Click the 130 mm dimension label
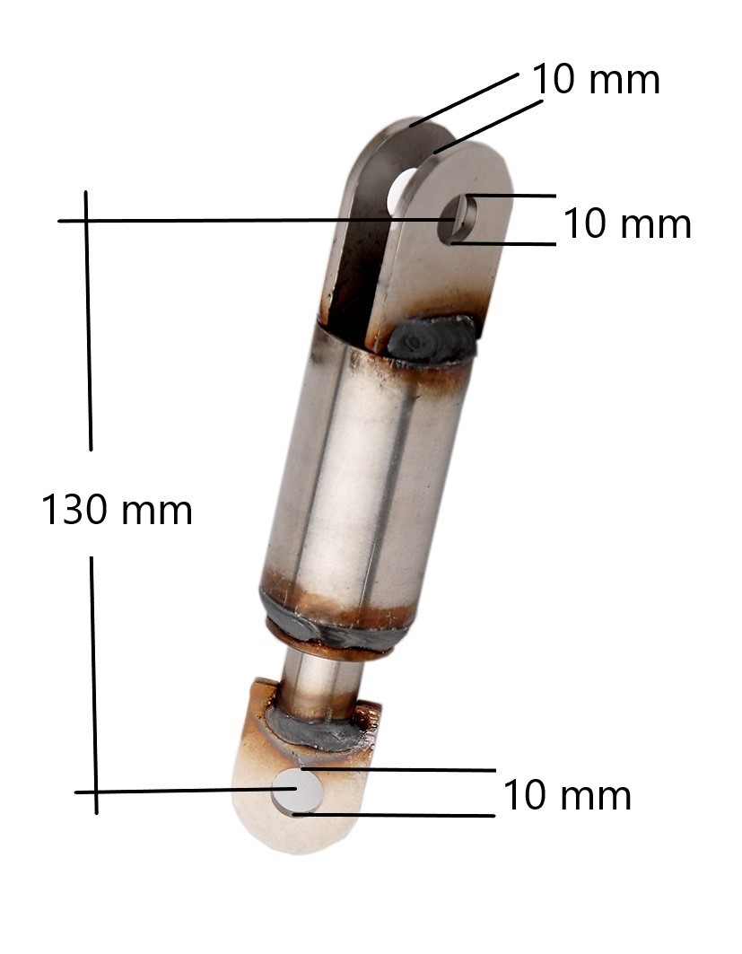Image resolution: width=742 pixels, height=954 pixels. [x=117, y=510]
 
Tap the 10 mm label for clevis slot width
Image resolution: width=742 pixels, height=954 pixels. [x=596, y=79]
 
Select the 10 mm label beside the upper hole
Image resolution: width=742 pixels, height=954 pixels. [x=628, y=223]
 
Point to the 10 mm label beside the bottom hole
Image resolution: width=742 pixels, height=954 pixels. [x=567, y=794]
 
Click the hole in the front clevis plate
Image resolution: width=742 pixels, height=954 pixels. [x=456, y=219]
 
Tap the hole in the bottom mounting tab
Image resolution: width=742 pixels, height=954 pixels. [x=297, y=791]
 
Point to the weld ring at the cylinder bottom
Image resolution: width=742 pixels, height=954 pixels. [x=333, y=633]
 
